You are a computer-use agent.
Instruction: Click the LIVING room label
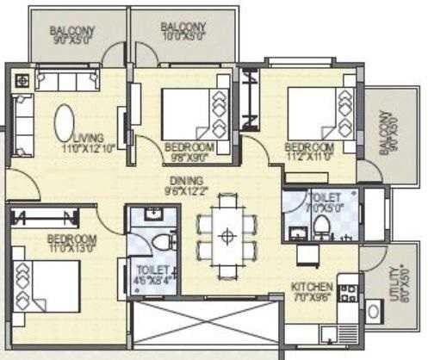pos(89,137)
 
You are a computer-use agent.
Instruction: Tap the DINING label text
pos(186,180)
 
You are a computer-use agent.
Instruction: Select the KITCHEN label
pos(309,287)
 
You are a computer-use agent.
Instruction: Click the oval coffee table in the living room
pos(65,123)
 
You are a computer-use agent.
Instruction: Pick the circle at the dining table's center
pos(227,235)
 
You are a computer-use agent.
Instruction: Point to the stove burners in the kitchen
pos(349,293)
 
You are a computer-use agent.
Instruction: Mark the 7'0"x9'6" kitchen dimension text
pos(309,298)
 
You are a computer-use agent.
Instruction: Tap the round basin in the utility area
pos(374,310)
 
